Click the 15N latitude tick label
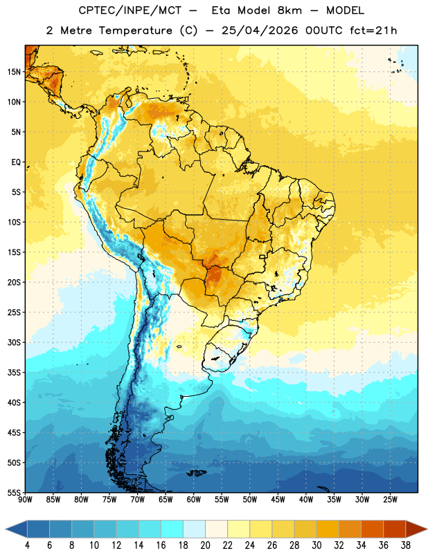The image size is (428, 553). click(14, 72)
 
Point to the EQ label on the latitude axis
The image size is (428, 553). click(16, 162)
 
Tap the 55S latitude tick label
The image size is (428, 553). click(14, 492)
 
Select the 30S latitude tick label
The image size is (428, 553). click(14, 342)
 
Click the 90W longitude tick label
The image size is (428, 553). click(25, 500)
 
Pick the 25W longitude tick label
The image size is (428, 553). click(390, 500)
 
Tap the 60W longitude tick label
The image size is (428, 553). click(194, 500)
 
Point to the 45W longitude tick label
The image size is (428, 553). click(278, 500)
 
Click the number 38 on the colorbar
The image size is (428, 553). click(406, 545)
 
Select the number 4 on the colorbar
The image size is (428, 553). click(27, 545)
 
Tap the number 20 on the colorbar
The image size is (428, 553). click(205, 545)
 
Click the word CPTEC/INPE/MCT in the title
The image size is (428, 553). click(130, 10)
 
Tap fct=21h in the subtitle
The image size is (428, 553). click(373, 30)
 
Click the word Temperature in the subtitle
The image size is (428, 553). click(135, 30)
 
